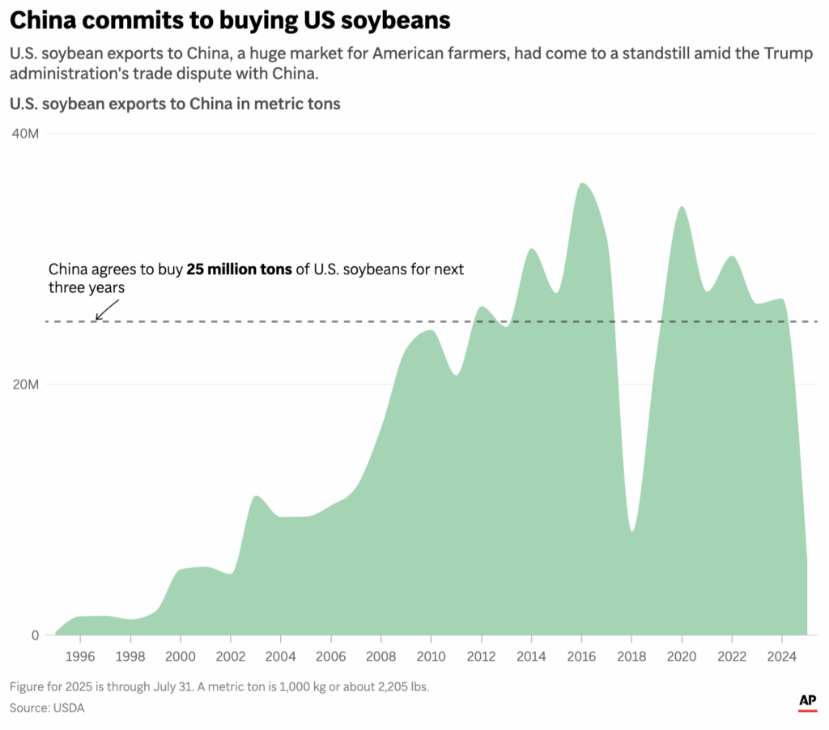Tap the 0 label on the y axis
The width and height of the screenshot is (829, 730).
[35, 635]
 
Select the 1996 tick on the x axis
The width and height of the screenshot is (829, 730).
[79, 656]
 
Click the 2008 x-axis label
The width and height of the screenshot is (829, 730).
[380, 656]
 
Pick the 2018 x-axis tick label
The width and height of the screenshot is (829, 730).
[631, 656]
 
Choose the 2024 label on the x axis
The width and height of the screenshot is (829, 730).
[781, 656]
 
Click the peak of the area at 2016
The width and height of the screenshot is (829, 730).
[582, 183]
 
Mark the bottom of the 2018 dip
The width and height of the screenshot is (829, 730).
[631, 531]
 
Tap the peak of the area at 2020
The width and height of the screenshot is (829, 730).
[682, 206]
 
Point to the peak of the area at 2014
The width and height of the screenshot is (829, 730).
[531, 248]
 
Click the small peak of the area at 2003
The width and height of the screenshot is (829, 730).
[256, 495]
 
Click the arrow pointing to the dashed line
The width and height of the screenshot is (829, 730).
[106, 309]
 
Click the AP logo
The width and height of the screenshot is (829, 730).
[806, 702]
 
